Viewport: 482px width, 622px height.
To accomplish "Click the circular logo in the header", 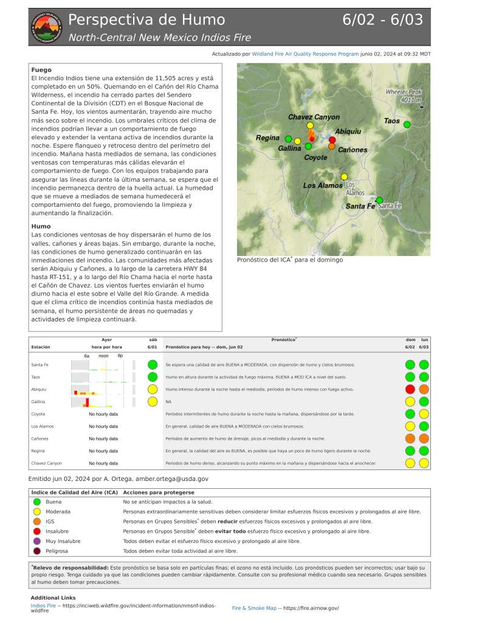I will click(x=46, y=27).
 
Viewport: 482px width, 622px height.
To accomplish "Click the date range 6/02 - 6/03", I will click(x=382, y=19).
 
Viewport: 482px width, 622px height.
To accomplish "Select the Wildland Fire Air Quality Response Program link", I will click(x=305, y=54).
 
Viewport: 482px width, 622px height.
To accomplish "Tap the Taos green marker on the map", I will click(x=407, y=125).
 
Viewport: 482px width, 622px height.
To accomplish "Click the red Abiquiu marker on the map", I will click(x=332, y=140).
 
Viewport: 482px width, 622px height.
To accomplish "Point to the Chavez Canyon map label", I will click(x=314, y=117).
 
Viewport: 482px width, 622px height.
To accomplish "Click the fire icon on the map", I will click(x=311, y=136).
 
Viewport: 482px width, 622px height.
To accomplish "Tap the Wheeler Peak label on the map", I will click(x=403, y=95).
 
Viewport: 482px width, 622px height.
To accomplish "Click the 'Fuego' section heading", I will click(x=41, y=70).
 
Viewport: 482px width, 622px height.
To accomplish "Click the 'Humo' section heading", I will click(x=41, y=227).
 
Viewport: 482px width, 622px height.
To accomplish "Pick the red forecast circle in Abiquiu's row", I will click(x=410, y=389).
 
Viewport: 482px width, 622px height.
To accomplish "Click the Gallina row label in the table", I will click(x=39, y=401).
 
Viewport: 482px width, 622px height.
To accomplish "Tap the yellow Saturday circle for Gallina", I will click(x=153, y=401).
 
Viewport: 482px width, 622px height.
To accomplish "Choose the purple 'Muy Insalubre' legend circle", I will click(x=37, y=541).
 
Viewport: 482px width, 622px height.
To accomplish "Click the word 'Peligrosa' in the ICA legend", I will click(x=57, y=550).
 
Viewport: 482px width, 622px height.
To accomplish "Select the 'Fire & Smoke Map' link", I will click(x=254, y=608).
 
